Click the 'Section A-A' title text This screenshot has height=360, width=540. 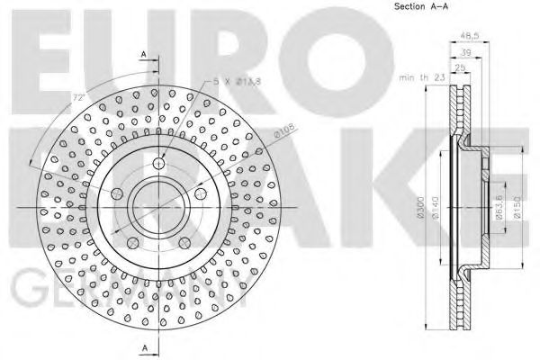(420, 7)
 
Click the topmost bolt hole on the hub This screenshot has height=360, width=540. (158, 164)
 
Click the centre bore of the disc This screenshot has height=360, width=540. (158, 207)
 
